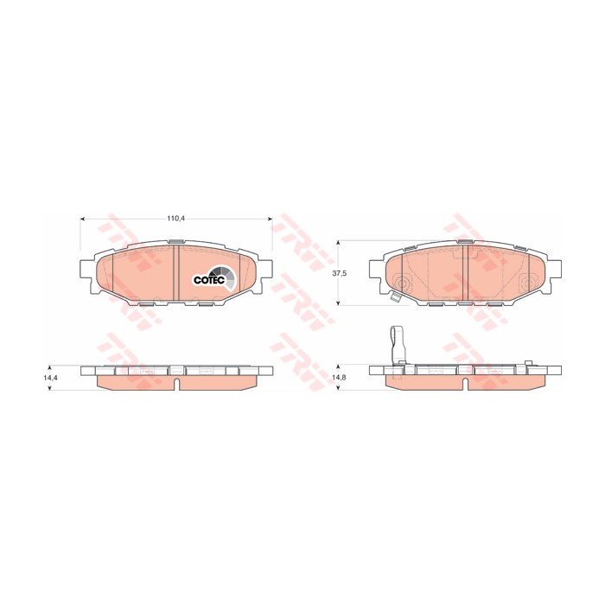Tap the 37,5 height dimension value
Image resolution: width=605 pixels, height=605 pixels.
tap(340, 272)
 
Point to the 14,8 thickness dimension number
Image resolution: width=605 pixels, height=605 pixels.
tap(340, 378)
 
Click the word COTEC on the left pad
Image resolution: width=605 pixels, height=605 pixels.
tap(207, 280)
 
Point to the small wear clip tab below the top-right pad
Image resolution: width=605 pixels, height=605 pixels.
tap(394, 299)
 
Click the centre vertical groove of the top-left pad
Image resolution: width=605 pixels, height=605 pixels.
tap(175, 275)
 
